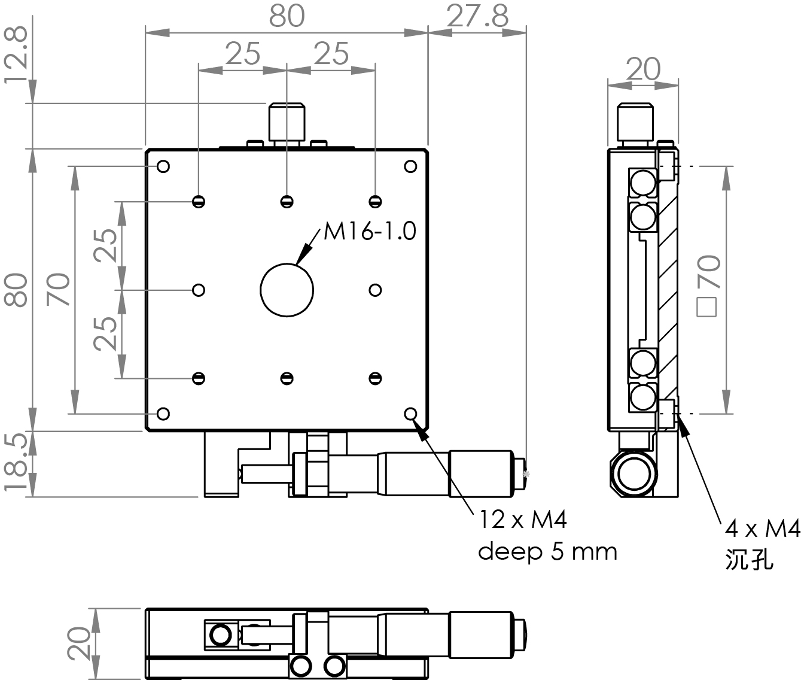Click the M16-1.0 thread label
click(x=370, y=232)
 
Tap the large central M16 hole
click(x=287, y=290)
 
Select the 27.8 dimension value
click(x=477, y=16)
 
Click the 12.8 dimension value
click(x=16, y=55)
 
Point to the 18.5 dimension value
click(x=16, y=463)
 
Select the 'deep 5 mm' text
click(x=547, y=552)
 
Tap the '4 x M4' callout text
click(x=763, y=529)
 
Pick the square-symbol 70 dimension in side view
click(x=709, y=286)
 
